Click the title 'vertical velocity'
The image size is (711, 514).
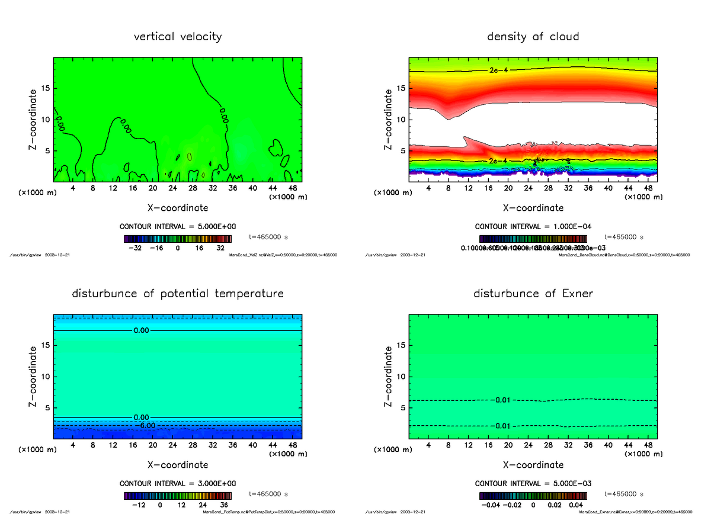(x=178, y=37)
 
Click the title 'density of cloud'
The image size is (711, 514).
(x=533, y=37)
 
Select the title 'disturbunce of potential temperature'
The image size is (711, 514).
(x=178, y=294)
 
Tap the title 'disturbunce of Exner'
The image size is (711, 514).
(x=533, y=294)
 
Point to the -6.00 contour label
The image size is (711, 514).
(x=145, y=425)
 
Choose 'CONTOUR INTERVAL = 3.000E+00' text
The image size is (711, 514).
(x=178, y=484)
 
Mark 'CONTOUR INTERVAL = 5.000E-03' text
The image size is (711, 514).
(x=533, y=484)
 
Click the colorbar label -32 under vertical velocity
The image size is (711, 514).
(x=137, y=249)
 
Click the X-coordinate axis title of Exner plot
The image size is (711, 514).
(x=533, y=465)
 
